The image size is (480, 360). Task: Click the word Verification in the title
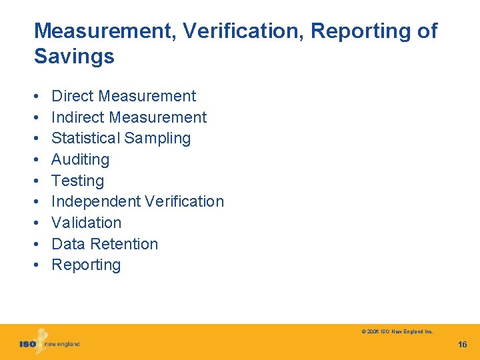click(x=245, y=31)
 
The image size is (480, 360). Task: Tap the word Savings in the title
click(x=74, y=57)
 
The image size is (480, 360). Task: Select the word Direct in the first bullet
click(x=72, y=96)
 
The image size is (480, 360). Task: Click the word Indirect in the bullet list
click(x=78, y=117)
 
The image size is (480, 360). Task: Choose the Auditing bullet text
click(x=80, y=160)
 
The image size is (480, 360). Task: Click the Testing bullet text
click(x=77, y=181)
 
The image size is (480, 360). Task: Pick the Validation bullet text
click(x=86, y=223)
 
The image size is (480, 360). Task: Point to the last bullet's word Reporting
click(x=86, y=265)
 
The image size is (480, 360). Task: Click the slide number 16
click(x=462, y=345)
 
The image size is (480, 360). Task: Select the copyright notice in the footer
click(x=397, y=331)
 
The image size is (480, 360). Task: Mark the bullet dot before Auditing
click(x=37, y=160)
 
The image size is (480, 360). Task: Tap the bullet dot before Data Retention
click(x=37, y=244)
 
